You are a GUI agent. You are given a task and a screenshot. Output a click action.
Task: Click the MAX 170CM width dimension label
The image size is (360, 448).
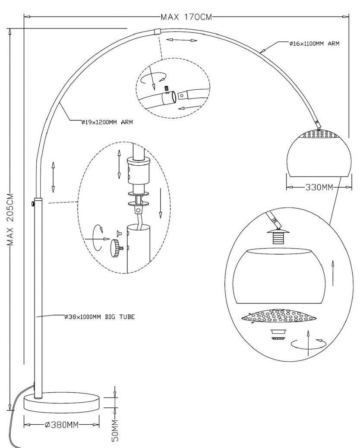186,17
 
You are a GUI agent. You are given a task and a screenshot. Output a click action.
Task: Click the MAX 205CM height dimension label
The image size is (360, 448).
10,220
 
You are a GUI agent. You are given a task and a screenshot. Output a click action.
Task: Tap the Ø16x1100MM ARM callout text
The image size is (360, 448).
314,44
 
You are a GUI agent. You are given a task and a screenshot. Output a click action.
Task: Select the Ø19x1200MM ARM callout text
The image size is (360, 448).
107,122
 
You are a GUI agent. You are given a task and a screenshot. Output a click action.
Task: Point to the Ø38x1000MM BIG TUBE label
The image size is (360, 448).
99,317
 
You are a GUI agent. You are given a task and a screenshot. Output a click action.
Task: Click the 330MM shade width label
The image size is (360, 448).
319,187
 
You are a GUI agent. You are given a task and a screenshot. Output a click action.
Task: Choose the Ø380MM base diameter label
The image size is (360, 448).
61,425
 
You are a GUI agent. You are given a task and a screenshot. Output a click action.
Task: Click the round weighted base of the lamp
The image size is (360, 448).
62,403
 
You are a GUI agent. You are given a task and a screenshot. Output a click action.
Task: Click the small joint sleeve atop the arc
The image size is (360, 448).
158,31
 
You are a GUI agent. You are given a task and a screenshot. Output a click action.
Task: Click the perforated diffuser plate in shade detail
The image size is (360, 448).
279,316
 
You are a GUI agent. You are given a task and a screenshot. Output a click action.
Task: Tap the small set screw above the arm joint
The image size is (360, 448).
167,89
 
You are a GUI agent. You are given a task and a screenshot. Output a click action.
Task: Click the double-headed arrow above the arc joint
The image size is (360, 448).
182,40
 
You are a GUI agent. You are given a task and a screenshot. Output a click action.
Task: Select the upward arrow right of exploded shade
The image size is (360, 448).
332,273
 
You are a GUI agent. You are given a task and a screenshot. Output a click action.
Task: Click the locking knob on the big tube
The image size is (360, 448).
33,204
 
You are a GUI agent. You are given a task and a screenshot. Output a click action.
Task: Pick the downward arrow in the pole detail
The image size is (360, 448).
161,203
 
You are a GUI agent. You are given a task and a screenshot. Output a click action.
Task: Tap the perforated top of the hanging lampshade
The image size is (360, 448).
319,134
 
